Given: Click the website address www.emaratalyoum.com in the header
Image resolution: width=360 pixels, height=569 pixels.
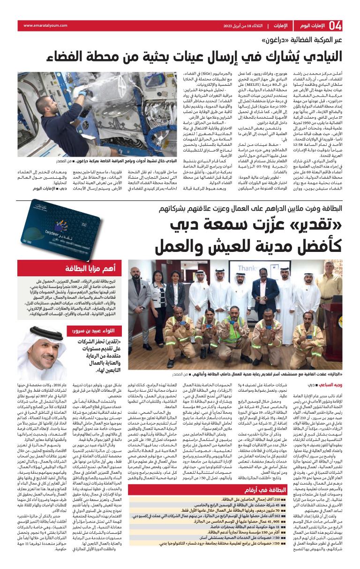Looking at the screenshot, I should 42,25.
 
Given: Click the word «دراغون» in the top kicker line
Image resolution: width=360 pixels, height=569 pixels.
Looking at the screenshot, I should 280,40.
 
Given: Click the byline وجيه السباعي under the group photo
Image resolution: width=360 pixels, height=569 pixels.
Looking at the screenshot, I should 331,384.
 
